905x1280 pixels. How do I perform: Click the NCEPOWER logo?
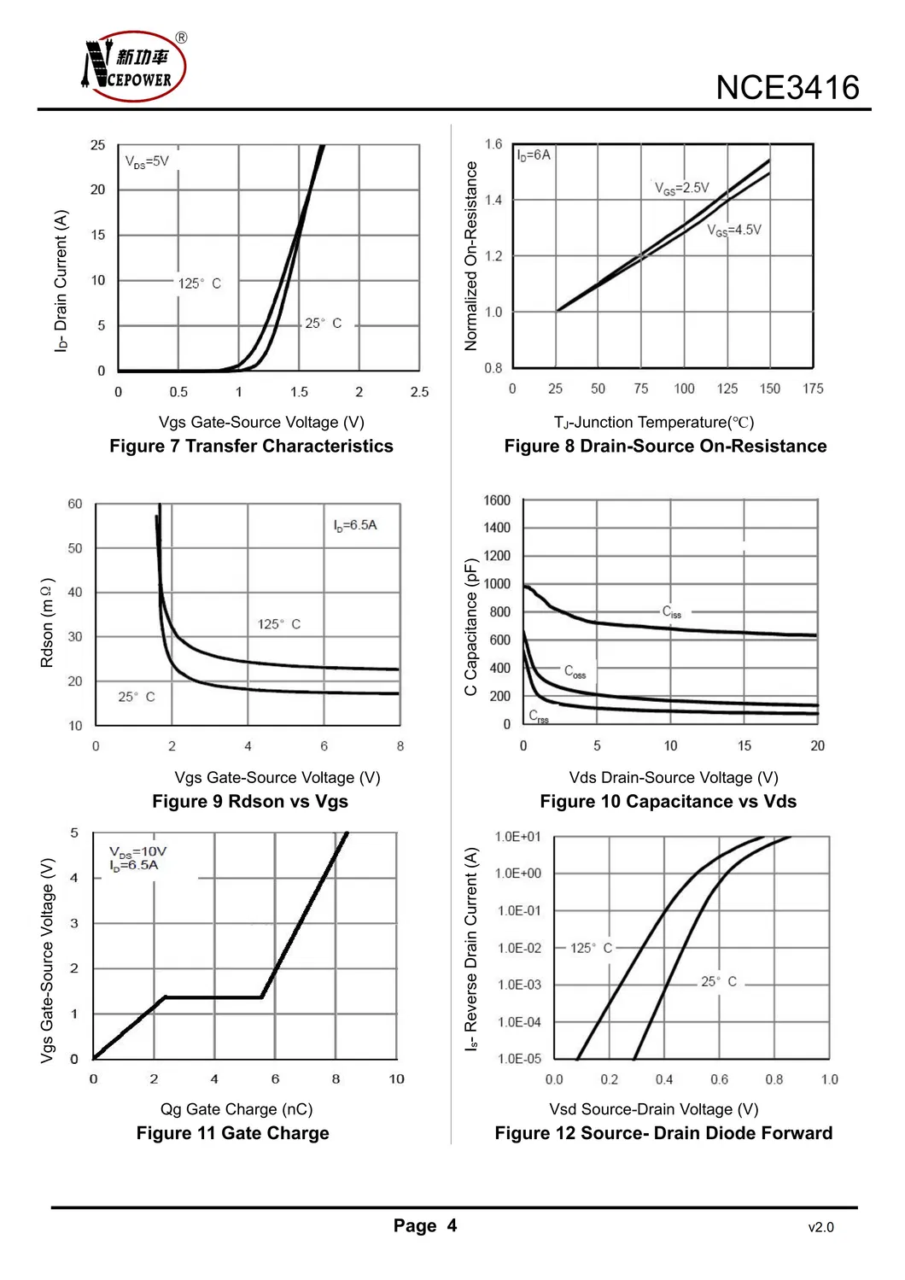coord(135,67)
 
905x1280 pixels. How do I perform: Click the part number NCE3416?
coord(787,88)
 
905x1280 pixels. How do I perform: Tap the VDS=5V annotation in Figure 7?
coord(147,161)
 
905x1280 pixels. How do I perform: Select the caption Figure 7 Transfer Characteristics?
coord(251,446)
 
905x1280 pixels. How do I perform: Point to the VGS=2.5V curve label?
coord(681,188)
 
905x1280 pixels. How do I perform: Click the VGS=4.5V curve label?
coord(733,230)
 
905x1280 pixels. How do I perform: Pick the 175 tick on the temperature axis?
coord(813,389)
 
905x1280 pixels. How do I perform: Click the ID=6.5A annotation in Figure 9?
coord(355,525)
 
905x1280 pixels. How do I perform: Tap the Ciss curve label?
coord(672,612)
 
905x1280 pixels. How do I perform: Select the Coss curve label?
coord(575,672)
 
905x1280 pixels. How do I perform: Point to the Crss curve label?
coord(539,716)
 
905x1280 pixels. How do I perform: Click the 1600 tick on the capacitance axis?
coord(497,500)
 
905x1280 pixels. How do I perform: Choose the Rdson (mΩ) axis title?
coord(48,622)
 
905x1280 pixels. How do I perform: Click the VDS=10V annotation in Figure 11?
coord(137,851)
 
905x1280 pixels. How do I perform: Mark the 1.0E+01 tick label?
coord(518,837)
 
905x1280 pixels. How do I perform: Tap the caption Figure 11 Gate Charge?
coord(232,1133)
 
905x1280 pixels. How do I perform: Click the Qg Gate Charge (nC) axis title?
coord(236,1109)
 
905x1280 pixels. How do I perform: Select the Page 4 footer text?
coord(425,1226)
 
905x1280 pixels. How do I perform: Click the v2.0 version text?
coord(820,1228)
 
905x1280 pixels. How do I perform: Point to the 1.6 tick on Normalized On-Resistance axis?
coord(493,144)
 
